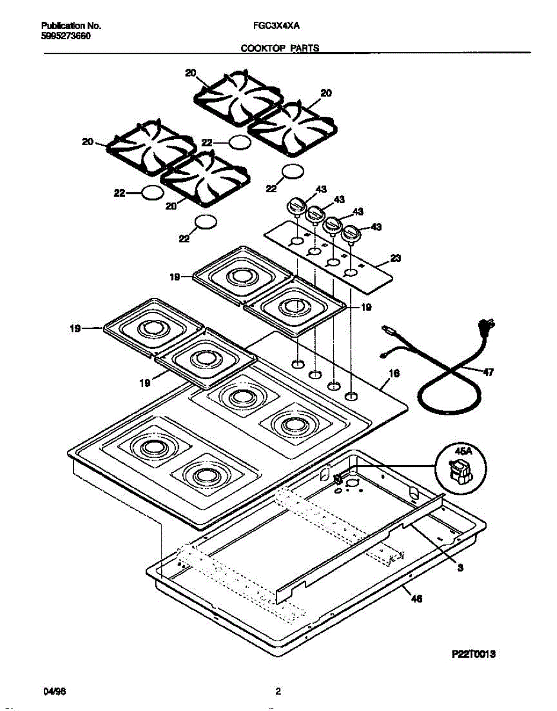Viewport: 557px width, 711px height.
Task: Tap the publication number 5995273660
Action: [x=66, y=36]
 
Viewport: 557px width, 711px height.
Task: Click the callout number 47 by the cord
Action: [x=488, y=373]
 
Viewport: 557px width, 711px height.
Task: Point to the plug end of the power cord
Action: [x=489, y=325]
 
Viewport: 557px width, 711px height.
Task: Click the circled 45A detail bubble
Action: [x=460, y=466]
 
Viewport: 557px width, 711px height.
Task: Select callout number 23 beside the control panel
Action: [x=396, y=258]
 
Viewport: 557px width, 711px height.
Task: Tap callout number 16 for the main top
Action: [x=395, y=373]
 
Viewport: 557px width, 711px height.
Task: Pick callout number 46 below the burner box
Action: [x=417, y=599]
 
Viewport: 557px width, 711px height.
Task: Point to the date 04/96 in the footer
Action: [x=53, y=691]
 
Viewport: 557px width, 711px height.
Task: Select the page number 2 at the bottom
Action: [x=278, y=691]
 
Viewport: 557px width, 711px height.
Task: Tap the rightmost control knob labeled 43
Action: [x=352, y=233]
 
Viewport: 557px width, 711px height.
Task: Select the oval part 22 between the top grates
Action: [x=238, y=142]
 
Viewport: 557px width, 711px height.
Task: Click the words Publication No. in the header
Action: [x=72, y=27]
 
